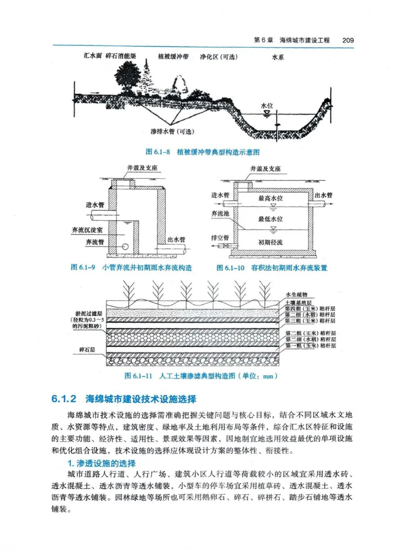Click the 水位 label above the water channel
click(267, 106)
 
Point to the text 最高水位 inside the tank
click(271, 198)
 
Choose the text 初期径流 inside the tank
click(271, 242)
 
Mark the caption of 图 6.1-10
click(272, 268)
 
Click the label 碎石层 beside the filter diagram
click(87, 350)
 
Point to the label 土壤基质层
click(299, 302)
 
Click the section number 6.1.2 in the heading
click(64, 398)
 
